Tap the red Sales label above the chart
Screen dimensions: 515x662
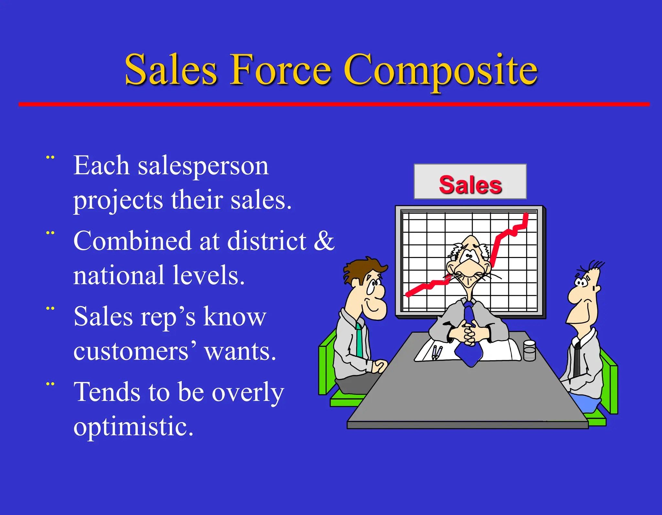(x=470, y=185)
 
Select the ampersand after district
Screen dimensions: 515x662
(x=324, y=241)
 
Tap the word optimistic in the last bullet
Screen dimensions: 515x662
(x=133, y=427)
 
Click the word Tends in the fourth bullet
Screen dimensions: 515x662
(x=107, y=392)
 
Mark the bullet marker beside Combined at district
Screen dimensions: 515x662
(x=50, y=233)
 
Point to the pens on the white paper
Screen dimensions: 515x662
(x=436, y=352)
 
